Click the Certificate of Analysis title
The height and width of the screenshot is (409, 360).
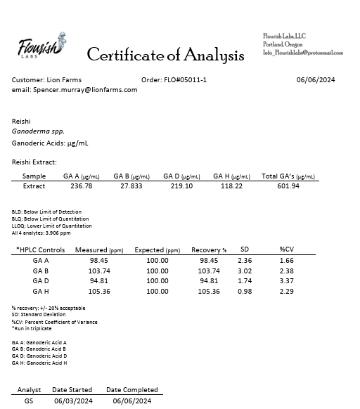165,55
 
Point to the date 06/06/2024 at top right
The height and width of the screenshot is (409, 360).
316,80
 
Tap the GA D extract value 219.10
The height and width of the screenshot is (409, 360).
181,186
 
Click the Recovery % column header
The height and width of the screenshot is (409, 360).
209,250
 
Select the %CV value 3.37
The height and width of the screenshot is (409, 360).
286,281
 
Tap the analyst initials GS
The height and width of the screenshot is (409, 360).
29,401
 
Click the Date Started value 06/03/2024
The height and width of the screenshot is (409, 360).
73,401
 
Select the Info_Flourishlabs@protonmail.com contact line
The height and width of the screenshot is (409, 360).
303,53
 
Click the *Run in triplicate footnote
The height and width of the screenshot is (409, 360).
32,328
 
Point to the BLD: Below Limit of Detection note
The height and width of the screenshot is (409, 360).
46,212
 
